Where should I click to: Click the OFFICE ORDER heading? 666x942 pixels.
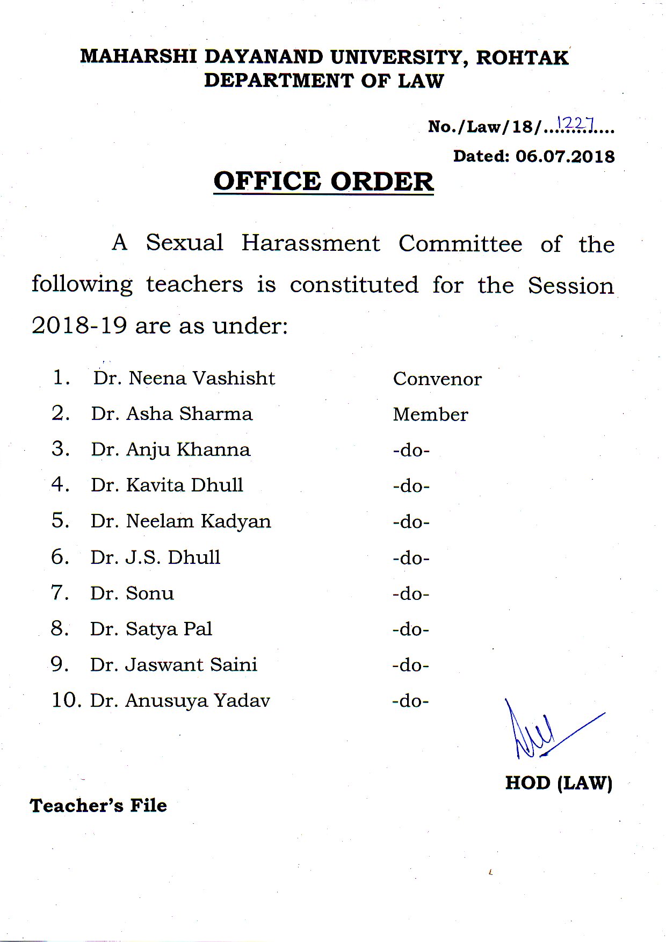tap(323, 182)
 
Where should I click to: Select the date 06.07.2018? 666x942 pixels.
tap(565, 156)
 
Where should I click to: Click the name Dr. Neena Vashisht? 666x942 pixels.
tap(184, 378)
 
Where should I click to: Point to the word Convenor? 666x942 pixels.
tap(437, 379)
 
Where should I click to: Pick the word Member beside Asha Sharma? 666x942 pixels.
tap(430, 415)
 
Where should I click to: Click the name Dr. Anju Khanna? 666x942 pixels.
tap(170, 450)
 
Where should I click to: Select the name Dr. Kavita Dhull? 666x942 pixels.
tap(166, 485)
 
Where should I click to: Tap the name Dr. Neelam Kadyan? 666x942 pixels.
tap(180, 521)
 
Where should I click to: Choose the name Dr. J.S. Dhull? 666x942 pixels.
tap(155, 557)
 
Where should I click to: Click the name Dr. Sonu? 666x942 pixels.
tap(132, 593)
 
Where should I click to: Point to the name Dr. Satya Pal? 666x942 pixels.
tap(151, 629)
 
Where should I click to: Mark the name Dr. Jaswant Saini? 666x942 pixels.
tap(173, 665)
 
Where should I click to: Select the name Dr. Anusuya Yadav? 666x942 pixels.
tap(180, 701)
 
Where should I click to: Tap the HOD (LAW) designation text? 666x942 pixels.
tap(559, 783)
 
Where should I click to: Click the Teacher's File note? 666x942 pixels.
tap(98, 806)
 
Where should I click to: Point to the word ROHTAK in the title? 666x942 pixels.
tap(522, 57)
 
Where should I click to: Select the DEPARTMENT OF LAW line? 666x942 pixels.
tap(324, 81)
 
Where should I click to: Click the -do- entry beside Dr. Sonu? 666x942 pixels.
tap(411, 594)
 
